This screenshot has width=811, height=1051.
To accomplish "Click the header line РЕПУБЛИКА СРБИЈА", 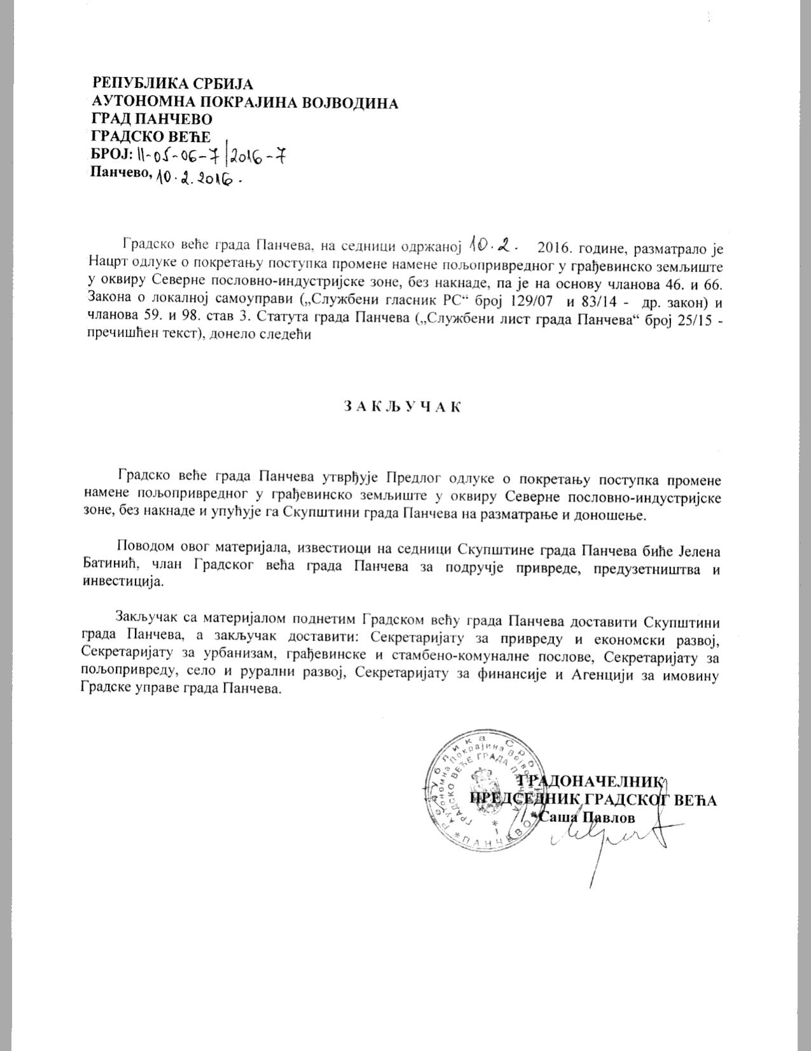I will (x=172, y=83).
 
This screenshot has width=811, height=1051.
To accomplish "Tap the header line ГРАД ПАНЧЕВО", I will (x=152, y=120).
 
